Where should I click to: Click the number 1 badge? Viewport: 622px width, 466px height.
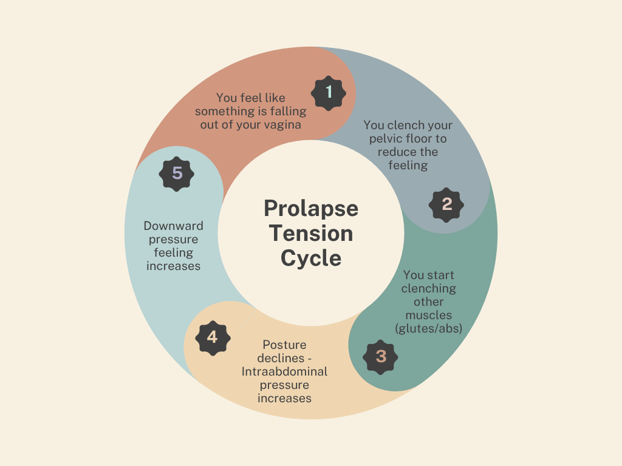point(329,93)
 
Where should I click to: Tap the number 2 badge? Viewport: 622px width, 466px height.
point(446,205)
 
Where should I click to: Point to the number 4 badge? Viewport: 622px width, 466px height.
point(212,337)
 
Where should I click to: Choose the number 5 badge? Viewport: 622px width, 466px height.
point(177,174)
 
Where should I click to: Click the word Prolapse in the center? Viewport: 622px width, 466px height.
point(311,209)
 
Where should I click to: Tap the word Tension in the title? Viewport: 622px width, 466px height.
point(311,234)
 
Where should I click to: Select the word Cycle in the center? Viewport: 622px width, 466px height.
point(311,258)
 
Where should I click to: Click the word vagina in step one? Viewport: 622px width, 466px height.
point(284,124)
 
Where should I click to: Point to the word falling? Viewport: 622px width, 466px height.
point(289,111)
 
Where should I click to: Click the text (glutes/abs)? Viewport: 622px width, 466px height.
point(429,328)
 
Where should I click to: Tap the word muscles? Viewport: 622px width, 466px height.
point(429,315)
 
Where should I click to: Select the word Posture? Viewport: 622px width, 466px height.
point(284,345)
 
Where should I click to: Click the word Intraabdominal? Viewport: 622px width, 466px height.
point(284,371)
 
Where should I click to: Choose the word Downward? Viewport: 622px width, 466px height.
point(174,226)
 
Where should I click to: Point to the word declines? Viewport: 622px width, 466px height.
point(281,358)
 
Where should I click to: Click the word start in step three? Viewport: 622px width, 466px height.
point(441,275)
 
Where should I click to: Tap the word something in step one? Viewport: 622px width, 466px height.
point(225,111)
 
